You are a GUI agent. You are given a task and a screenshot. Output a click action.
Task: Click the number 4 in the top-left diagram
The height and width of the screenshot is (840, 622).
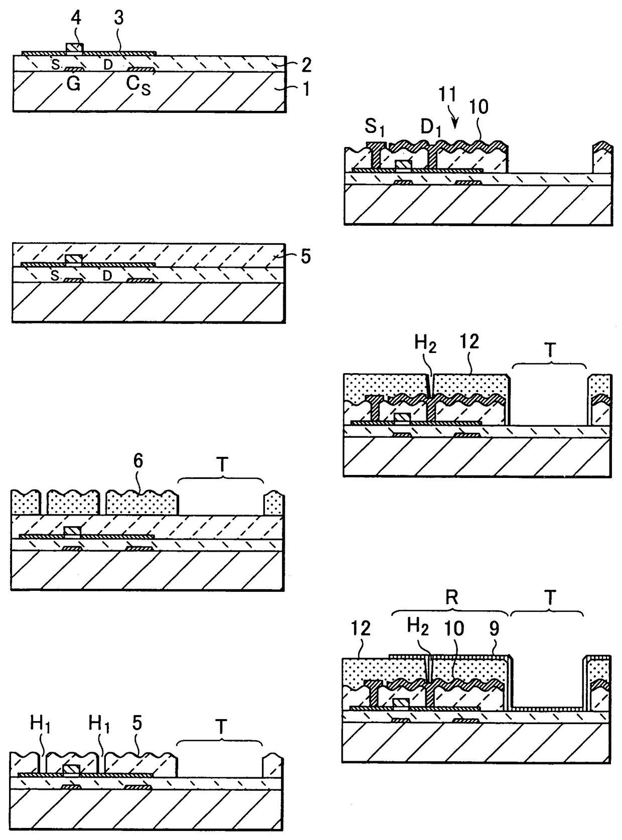[75, 19]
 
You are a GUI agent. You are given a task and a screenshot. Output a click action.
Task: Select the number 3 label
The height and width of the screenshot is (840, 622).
[119, 19]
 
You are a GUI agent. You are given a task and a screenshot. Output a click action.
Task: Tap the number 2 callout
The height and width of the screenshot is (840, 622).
[305, 65]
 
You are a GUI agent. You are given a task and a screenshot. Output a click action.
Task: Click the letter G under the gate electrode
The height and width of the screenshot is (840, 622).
[73, 84]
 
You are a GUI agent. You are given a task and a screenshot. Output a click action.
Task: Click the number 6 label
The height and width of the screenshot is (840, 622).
[138, 461]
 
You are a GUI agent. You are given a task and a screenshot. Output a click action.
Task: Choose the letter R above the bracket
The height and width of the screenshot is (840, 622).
[452, 597]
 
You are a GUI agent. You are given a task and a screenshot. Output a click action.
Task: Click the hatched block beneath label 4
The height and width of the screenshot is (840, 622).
[75, 48]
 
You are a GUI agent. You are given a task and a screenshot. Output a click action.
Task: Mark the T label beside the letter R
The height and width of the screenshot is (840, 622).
[550, 597]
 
